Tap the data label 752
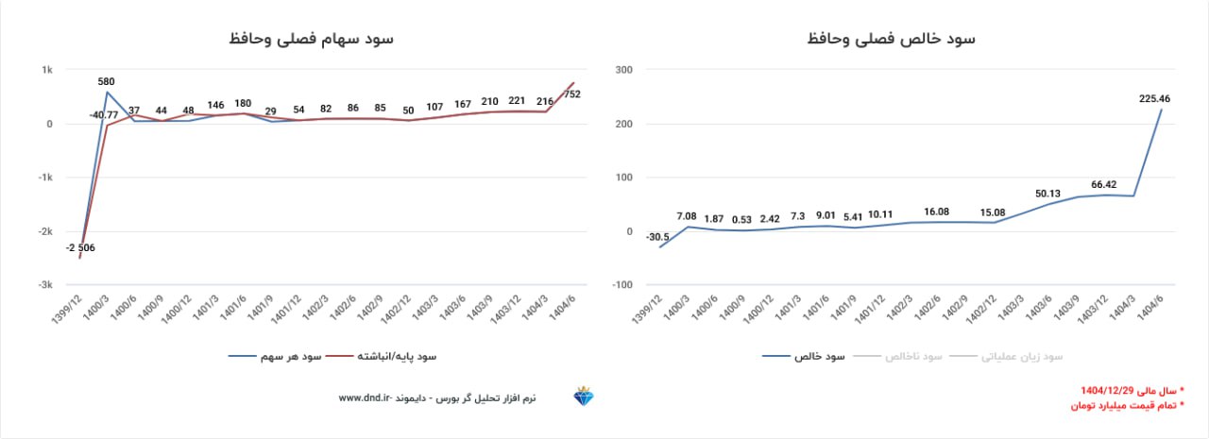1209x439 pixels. [x=571, y=94]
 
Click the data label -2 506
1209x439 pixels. [x=80, y=248]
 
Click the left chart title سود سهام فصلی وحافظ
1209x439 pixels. [x=311, y=39]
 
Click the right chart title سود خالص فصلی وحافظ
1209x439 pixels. [x=892, y=39]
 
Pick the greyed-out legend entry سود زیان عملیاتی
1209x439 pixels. [x=1020, y=357]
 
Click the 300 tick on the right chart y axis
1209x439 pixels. [x=622, y=70]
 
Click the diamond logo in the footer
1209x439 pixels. [x=584, y=397]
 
